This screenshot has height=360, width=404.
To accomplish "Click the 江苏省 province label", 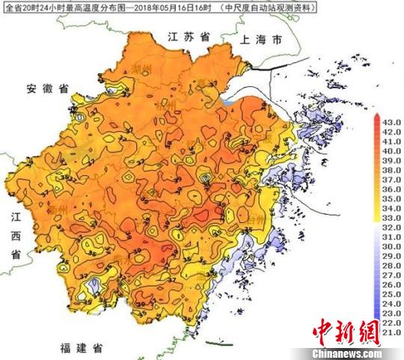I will (188, 35).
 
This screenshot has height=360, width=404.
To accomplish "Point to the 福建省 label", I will (83, 348).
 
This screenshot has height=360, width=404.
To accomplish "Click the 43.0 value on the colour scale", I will (391, 122).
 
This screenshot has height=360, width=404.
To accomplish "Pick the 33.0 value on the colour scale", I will (391, 217).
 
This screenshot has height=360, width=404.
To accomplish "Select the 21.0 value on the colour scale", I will (391, 332).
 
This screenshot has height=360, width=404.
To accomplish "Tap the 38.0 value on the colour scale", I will (391, 169).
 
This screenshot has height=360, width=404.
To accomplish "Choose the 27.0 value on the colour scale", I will (391, 275).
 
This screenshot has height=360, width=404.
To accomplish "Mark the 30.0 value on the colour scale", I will (391, 245).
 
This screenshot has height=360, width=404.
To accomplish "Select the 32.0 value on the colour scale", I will (391, 227).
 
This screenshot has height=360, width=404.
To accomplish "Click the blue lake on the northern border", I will (227, 99).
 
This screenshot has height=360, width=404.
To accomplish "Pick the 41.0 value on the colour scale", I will (391, 141).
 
